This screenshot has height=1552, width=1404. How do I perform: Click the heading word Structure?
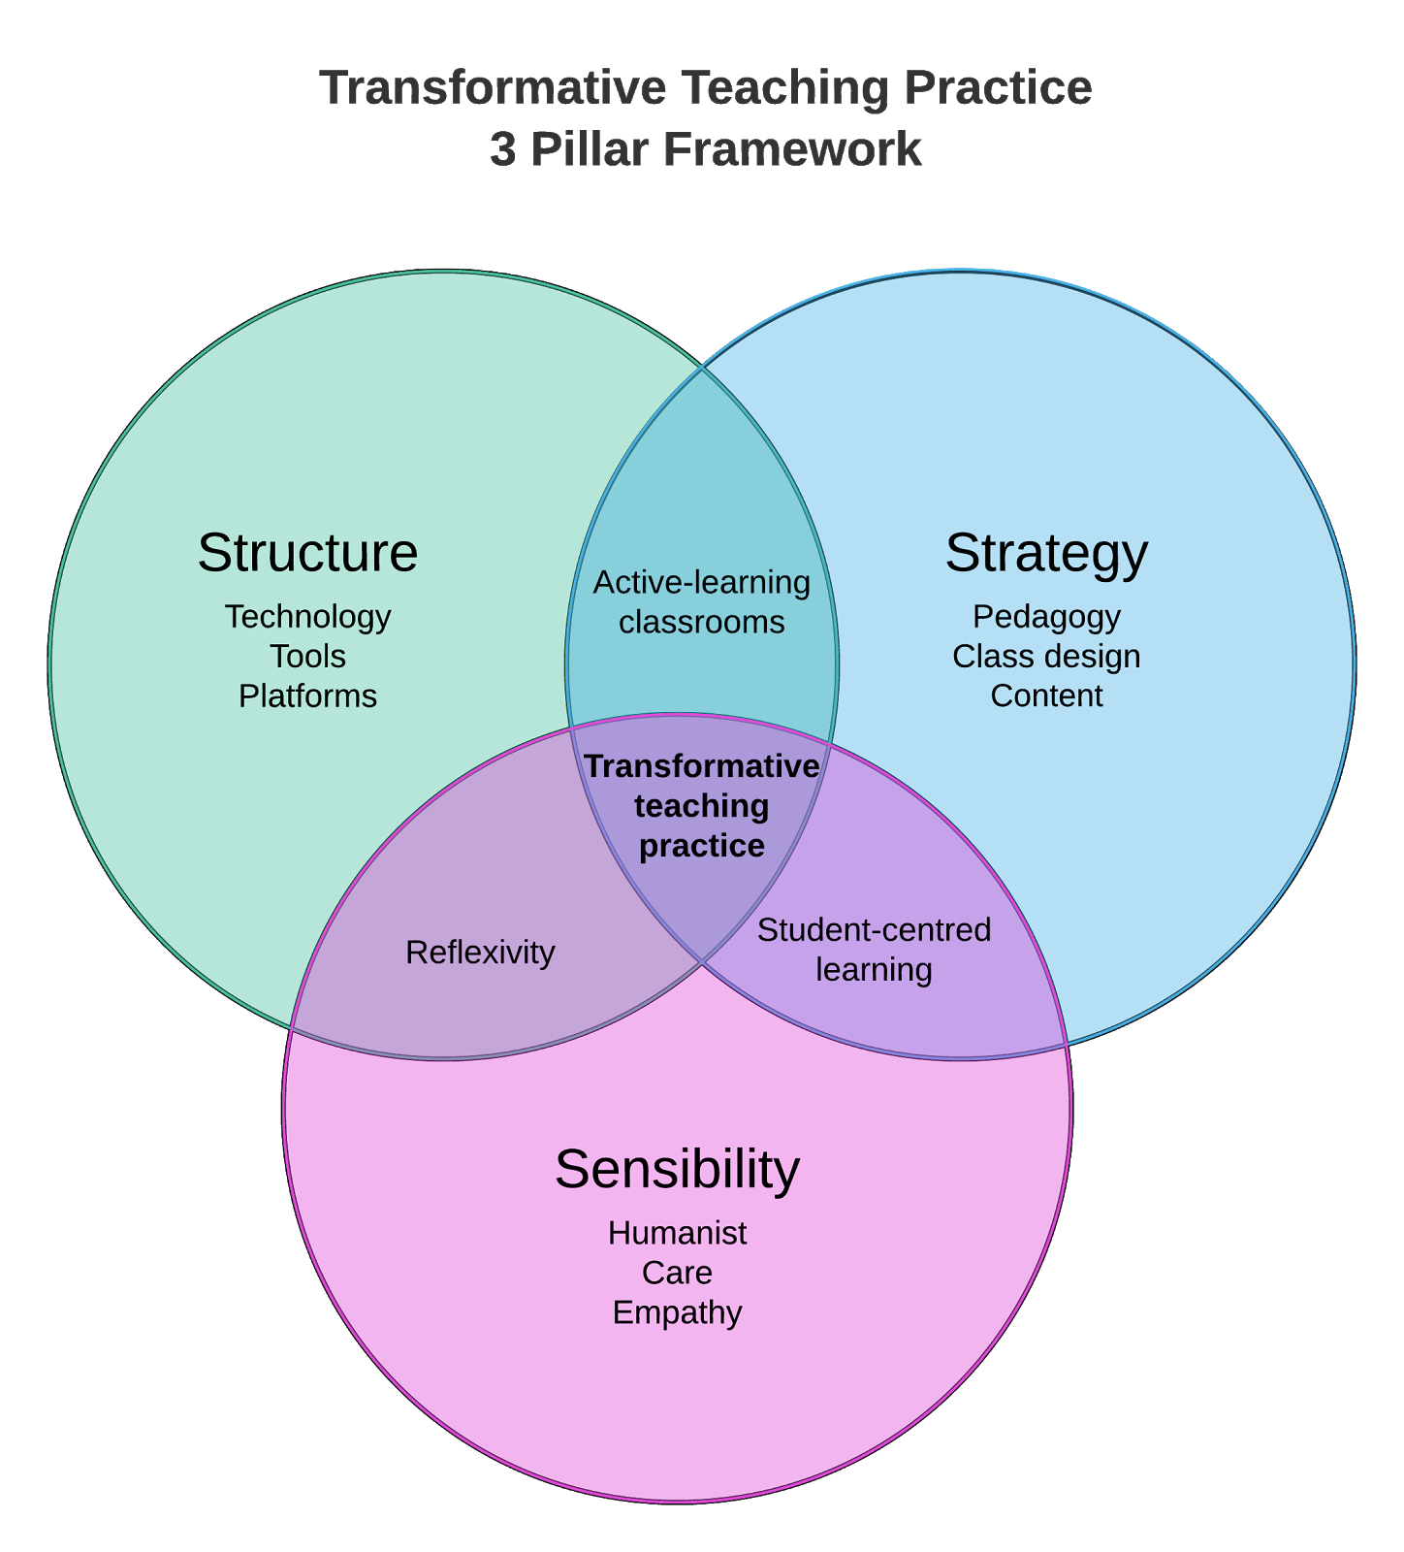(307, 553)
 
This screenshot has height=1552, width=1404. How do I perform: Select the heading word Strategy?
(1046, 553)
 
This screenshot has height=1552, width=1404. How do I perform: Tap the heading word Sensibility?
(677, 1169)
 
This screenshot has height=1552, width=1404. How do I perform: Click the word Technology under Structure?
(307, 617)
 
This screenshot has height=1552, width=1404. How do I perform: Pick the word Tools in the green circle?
(307, 657)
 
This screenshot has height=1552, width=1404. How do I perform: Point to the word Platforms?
(307, 696)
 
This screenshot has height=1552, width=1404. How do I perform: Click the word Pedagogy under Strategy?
(1046, 617)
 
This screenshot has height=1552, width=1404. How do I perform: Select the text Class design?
(1046, 657)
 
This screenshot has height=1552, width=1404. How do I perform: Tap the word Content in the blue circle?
(1046, 696)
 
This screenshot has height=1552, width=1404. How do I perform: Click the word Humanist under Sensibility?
(677, 1233)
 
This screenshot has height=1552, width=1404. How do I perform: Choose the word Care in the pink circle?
(677, 1273)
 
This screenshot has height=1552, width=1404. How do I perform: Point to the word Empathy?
(677, 1312)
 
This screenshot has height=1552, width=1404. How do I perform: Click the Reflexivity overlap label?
(480, 953)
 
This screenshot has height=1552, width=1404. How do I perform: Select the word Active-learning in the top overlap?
(701, 582)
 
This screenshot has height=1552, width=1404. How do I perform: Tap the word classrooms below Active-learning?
(701, 622)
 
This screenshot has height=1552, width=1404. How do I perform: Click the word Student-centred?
(874, 930)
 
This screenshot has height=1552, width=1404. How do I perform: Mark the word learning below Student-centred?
(874, 970)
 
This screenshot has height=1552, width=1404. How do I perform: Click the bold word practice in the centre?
(701, 846)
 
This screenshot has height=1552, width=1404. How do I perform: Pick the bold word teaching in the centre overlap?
(701, 806)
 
